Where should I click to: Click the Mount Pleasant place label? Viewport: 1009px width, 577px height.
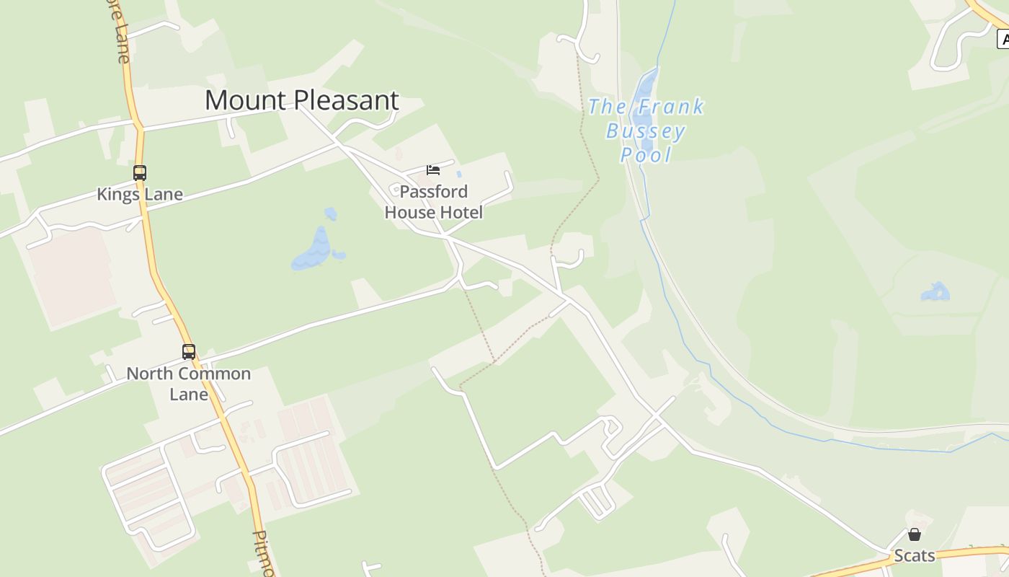[301, 100]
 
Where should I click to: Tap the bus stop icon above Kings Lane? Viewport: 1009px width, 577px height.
[140, 173]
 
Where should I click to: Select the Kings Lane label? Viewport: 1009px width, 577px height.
[140, 195]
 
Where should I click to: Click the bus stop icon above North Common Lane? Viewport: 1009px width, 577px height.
[189, 352]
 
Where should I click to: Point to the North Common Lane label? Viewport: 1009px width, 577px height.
[189, 384]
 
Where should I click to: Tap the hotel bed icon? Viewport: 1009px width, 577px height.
[433, 170]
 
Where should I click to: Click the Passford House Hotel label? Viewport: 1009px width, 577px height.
[434, 202]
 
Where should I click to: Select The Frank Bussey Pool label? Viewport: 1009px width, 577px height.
[646, 131]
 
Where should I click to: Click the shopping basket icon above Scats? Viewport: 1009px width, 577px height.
[915, 534]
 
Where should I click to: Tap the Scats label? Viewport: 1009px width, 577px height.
[915, 555]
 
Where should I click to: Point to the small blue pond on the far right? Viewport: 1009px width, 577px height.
[936, 292]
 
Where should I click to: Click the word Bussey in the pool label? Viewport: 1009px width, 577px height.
[646, 131]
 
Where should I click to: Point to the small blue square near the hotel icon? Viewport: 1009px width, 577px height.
[459, 174]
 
